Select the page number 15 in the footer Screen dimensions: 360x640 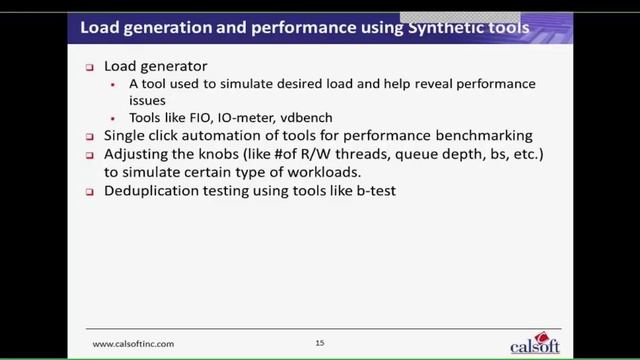(x=320, y=343)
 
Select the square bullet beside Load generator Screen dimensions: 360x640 (x=91, y=65)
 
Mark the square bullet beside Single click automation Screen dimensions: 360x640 (x=91, y=136)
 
